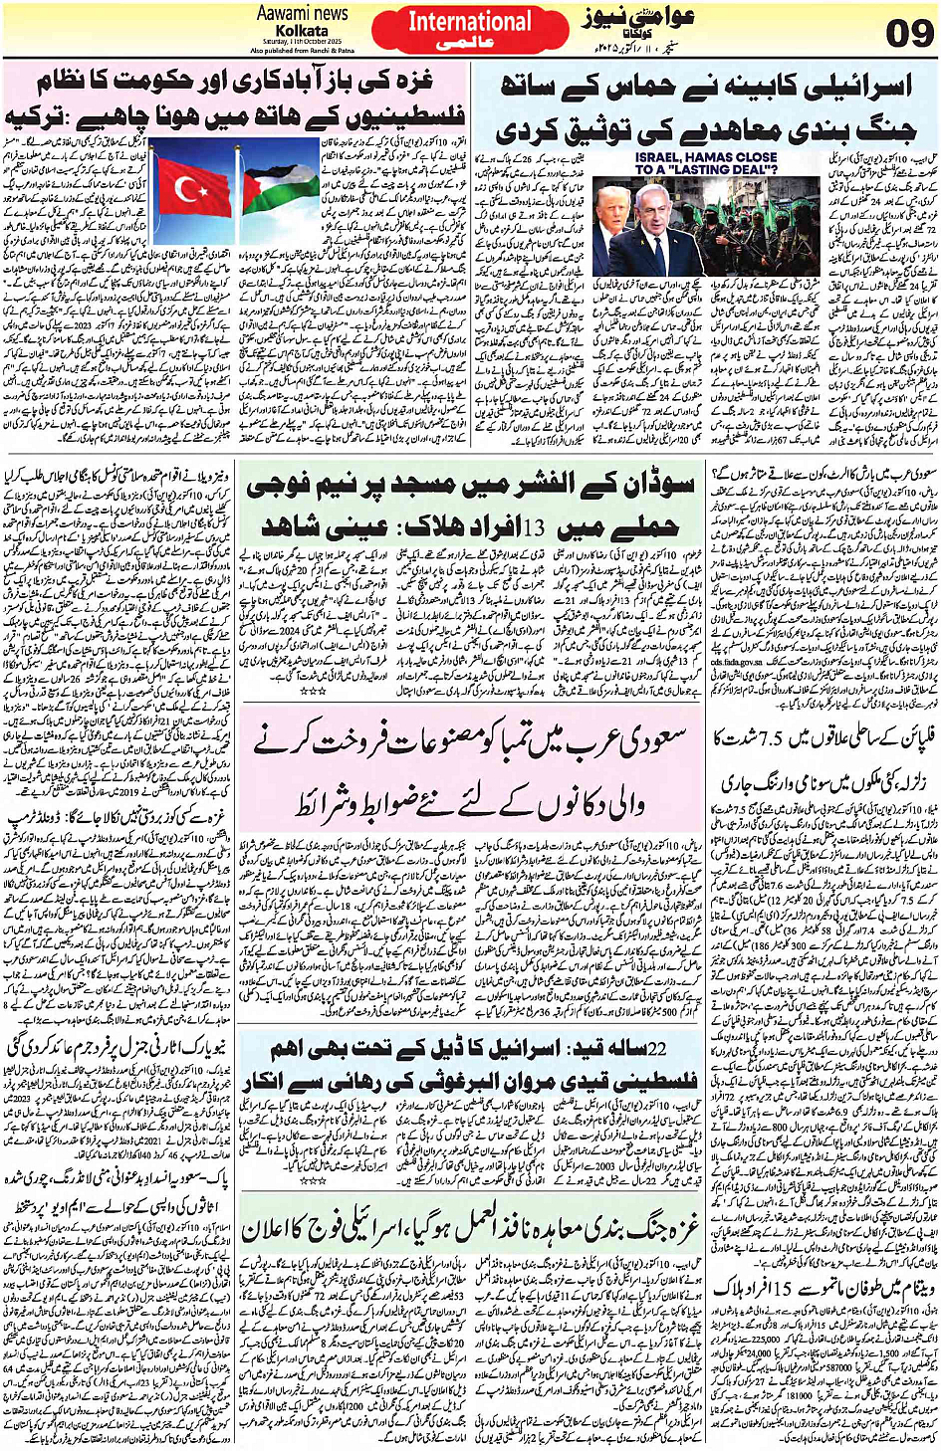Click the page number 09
909,33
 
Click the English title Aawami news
302,14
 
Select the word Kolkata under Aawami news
301,30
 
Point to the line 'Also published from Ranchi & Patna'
302,49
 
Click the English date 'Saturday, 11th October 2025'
302,41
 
